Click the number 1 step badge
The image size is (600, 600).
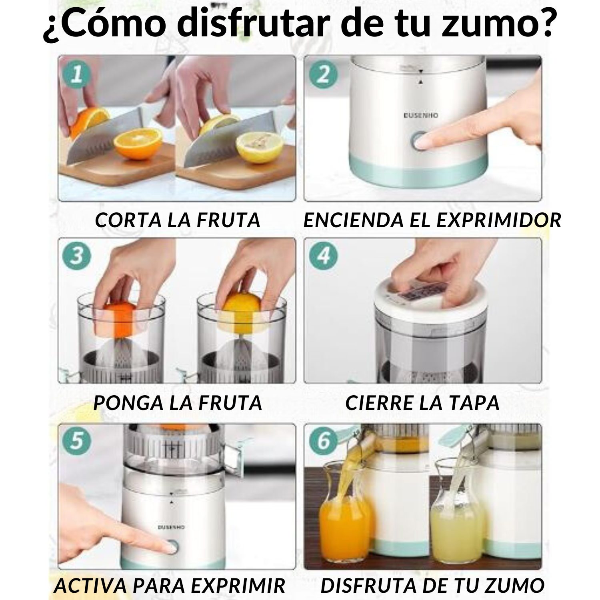[x=77, y=75]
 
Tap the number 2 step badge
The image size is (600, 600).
[x=323, y=75]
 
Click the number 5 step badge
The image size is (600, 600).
[x=77, y=441]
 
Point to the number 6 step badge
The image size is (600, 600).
[x=323, y=441]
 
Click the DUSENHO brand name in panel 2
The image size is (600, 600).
[x=420, y=115]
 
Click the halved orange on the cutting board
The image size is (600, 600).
[x=138, y=141]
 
